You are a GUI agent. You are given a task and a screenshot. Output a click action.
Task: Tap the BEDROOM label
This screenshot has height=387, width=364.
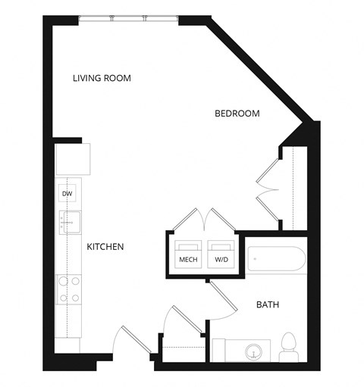coord(237,114)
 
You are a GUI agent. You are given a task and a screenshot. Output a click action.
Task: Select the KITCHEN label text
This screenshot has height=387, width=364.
coord(105,247)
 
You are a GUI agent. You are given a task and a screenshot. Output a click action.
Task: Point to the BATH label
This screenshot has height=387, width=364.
coord(267,305)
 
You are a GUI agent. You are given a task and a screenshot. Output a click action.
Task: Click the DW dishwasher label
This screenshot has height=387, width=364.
coord(67,194)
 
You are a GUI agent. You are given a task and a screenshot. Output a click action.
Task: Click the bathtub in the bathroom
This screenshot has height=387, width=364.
coord(276,260)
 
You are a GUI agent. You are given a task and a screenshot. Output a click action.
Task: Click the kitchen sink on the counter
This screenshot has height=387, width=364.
coord(71,223)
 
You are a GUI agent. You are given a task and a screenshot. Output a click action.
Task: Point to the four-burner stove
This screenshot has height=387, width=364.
coord(70,289)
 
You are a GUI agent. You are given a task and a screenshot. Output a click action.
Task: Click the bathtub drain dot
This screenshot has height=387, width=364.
coord(256,260)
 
